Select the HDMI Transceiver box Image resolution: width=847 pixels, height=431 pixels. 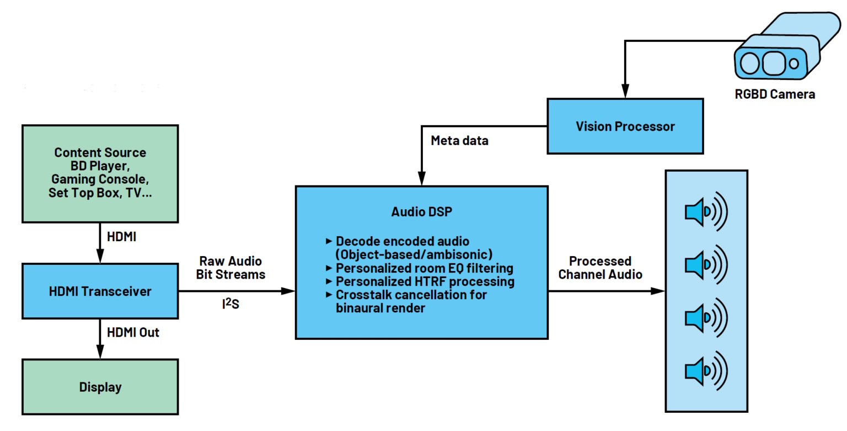[100, 291]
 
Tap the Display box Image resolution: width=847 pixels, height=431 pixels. [100, 387]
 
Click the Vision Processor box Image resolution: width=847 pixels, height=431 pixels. [625, 126]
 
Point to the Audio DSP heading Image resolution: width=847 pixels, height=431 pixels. [421, 212]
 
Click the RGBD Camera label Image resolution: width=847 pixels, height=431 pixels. [774, 94]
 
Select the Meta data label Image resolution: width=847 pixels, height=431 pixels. [459, 141]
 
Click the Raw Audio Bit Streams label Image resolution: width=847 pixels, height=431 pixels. [232, 267]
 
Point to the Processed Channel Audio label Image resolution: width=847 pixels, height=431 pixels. [600, 267]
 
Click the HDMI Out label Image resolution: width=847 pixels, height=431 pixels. [133, 333]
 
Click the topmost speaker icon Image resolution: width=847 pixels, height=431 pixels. [706, 212]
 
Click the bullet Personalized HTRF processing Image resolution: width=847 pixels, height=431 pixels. [425, 281]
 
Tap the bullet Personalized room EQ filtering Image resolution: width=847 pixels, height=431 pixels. [424, 268]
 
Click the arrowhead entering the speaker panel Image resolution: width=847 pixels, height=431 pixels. [658, 291]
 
